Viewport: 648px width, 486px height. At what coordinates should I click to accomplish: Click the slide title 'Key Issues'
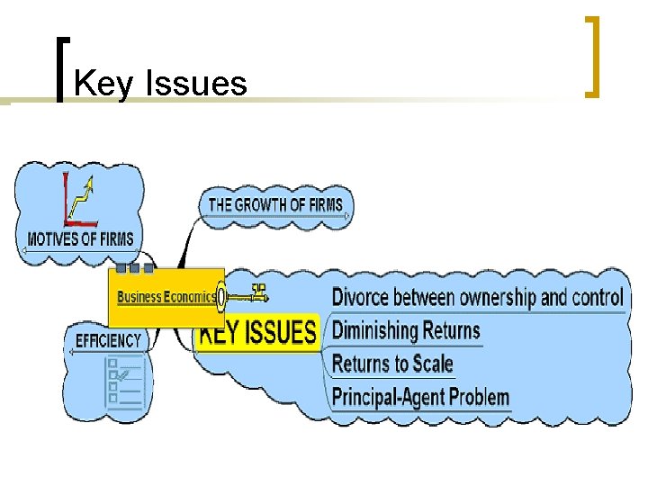click(x=160, y=84)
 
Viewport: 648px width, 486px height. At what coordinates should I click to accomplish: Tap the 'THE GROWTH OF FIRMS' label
click(x=275, y=205)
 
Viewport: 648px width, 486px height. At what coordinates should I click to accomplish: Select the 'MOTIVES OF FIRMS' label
click(x=80, y=239)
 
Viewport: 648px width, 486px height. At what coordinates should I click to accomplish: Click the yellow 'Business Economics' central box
click(x=166, y=297)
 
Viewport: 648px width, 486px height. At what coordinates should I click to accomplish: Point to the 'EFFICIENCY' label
click(x=108, y=340)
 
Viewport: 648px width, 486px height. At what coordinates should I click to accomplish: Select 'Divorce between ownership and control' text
click(x=477, y=297)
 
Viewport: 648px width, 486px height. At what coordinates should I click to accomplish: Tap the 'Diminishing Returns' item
click(x=406, y=330)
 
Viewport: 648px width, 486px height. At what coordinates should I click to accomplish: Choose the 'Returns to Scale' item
click(x=392, y=364)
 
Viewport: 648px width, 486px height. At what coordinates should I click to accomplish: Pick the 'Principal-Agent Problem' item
click(x=420, y=397)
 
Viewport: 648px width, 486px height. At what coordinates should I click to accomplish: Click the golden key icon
click(x=246, y=294)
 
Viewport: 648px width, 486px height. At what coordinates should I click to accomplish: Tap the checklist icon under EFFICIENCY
click(x=123, y=382)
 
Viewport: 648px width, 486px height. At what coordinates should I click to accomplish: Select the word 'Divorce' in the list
click(x=359, y=297)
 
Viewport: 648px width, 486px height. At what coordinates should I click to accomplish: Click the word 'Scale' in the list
click(x=433, y=364)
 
